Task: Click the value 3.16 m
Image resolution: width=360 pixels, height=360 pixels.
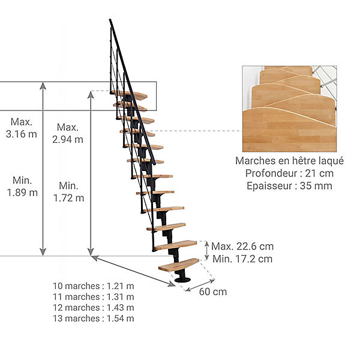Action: click(22, 134)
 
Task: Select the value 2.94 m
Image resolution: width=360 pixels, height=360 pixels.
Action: click(68, 139)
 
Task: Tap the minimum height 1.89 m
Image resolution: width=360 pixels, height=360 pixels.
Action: click(22, 193)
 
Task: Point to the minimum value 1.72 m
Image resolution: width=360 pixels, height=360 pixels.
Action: click(68, 198)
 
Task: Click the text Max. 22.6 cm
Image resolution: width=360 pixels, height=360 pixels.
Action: click(242, 247)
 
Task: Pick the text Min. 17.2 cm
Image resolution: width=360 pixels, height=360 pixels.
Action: click(242, 259)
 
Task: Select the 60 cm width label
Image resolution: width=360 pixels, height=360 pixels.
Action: click(213, 292)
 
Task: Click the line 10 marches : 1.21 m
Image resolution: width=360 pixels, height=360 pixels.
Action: click(94, 286)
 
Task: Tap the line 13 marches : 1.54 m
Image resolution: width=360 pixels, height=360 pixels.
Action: click(94, 319)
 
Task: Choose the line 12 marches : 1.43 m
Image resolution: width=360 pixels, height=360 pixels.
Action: click(94, 308)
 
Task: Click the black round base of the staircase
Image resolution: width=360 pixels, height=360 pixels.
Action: click(182, 280)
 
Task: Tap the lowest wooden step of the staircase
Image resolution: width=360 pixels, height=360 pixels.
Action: click(179, 265)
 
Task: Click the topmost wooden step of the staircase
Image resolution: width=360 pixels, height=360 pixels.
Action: click(129, 95)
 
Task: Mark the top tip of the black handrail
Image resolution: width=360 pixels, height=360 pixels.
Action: click(110, 20)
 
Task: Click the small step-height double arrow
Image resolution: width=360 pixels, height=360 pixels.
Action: click(207, 251)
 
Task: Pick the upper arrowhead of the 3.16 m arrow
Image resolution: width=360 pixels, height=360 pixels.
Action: click(43, 86)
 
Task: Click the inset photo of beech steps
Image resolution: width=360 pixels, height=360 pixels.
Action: click(290, 109)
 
